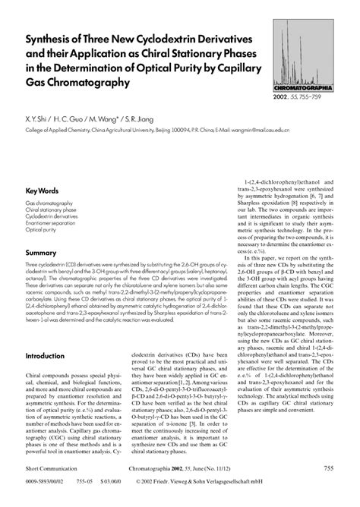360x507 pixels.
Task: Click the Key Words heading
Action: pos(44,190)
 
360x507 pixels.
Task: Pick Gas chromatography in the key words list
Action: pos(49,204)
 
